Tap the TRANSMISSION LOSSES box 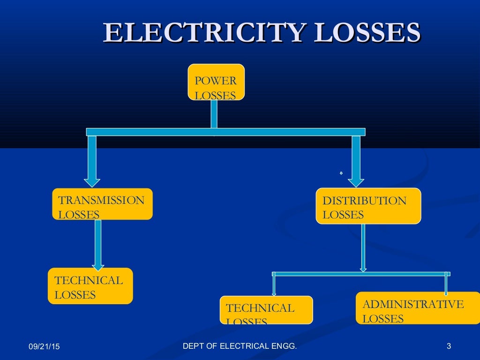pos(102,204)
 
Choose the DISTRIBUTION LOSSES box pos(368,206)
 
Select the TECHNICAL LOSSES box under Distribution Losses pos(266,310)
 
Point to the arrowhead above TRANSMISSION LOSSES pos(92,181)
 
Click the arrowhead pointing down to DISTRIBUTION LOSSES pos(356,181)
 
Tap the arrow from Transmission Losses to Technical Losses pos(97,244)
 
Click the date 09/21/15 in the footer pos(44,347)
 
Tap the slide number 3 pos(449,346)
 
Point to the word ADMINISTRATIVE pos(413,304)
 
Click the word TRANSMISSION pos(101,201)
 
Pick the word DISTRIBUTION pos(364,201)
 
